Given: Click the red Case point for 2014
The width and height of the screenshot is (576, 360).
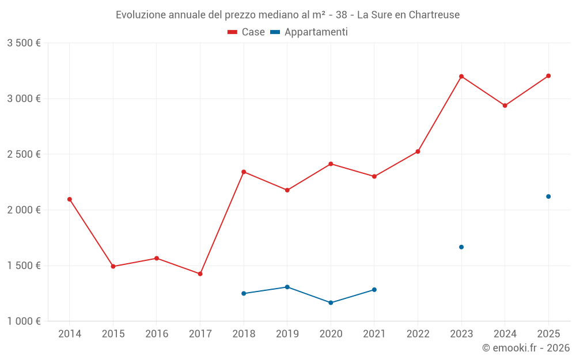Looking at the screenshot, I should click(70, 199).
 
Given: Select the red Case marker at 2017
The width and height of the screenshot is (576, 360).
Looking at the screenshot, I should click(200, 274).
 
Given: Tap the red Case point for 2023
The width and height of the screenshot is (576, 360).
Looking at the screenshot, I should click(461, 77).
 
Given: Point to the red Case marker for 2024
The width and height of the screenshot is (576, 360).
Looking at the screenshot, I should click(505, 105).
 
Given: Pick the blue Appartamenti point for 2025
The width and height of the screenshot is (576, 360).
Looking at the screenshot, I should click(548, 196).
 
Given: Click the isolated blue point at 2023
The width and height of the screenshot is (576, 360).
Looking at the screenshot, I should click(461, 247).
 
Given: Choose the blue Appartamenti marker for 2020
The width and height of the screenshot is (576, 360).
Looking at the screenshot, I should click(331, 302).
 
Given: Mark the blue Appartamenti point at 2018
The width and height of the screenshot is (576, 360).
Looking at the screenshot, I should click(244, 293).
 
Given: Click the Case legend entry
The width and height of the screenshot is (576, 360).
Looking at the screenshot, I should click(247, 32).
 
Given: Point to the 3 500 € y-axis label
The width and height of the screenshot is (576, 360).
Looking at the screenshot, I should click(24, 43).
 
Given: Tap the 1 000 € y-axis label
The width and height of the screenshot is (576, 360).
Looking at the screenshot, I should click(24, 321).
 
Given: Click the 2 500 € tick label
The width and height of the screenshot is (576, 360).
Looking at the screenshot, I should click(24, 154).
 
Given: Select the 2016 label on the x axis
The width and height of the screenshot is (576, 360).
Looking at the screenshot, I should click(157, 334).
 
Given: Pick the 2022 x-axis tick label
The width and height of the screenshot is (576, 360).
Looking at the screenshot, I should click(418, 334).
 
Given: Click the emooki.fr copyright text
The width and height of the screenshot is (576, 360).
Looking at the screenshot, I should click(525, 348).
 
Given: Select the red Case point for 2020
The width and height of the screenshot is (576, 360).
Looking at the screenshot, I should click(331, 164).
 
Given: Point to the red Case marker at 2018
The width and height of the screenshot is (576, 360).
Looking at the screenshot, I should click(244, 172).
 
